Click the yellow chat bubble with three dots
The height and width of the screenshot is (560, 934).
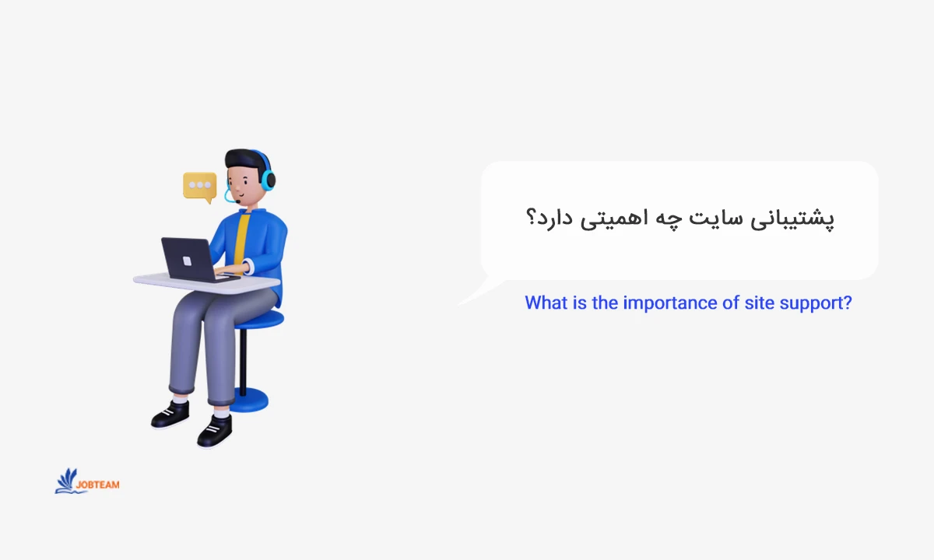[200, 186]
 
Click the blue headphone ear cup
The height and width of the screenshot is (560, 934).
[268, 180]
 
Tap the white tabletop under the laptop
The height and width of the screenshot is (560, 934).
[257, 281]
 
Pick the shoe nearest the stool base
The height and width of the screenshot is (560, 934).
[215, 430]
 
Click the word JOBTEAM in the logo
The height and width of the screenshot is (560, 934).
[99, 485]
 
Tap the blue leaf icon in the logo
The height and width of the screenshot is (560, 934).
[67, 481]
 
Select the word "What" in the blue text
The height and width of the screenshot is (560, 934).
[546, 303]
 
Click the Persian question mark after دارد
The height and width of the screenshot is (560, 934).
[532, 219]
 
